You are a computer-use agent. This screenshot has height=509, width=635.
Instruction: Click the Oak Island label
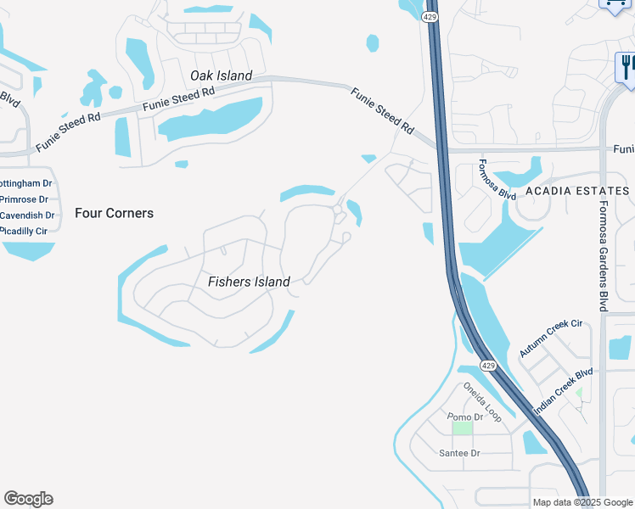221,76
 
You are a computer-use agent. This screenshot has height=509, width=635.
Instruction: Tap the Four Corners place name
114,213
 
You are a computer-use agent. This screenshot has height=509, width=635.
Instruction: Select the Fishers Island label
249,282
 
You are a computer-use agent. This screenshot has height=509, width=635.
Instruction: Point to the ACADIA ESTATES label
577,191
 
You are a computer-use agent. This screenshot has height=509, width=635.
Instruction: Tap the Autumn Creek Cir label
551,338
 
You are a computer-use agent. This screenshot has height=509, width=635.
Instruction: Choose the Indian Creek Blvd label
563,391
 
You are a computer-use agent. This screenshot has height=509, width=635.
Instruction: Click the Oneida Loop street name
482,402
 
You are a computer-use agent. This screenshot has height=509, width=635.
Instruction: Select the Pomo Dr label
466,417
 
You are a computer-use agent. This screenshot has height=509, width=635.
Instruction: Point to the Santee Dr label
459,453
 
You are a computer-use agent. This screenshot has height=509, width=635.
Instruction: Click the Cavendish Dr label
27,215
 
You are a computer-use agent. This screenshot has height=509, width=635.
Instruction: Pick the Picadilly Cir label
30,230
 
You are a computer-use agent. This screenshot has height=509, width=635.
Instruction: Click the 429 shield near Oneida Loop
487,365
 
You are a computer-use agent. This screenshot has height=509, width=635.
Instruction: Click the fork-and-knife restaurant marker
627,66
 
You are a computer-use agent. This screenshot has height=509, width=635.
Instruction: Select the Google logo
28,499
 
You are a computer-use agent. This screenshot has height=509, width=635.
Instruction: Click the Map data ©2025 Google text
582,502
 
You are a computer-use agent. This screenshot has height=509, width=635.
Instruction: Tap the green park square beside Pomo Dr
462,428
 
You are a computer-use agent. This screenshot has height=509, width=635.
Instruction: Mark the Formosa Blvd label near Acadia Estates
497,180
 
